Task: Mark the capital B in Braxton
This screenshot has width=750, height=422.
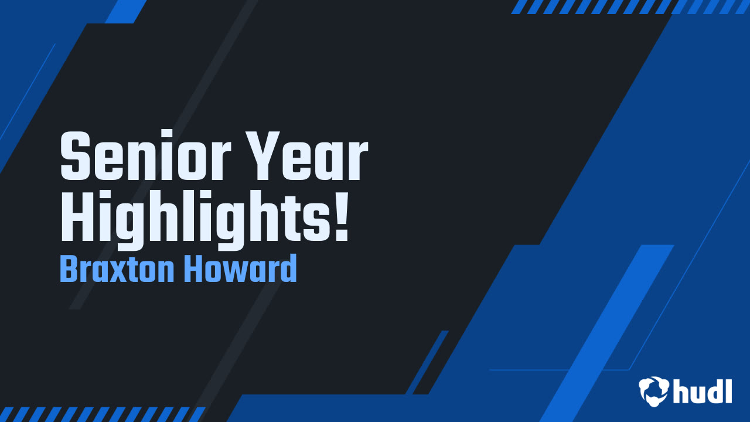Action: click(69, 270)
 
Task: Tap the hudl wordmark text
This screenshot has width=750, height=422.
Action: click(702, 390)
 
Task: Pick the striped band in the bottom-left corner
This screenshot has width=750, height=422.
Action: click(100, 414)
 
